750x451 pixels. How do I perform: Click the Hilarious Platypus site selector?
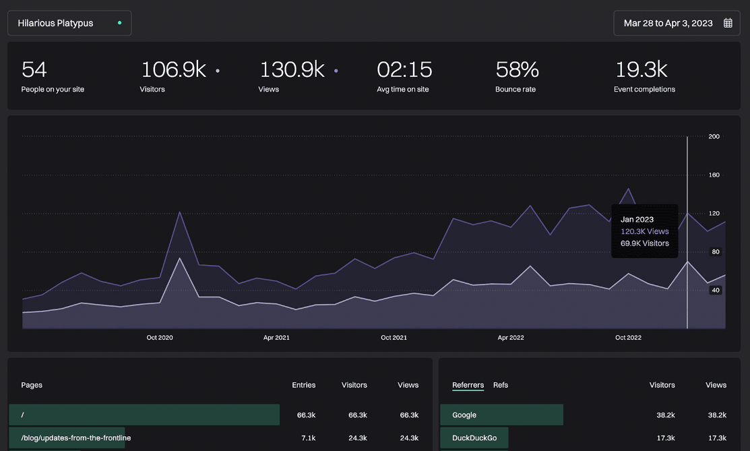[69, 23]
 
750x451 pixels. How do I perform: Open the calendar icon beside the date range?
[728, 23]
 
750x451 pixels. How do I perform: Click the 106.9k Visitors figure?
[173, 69]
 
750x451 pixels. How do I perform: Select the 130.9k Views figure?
[292, 69]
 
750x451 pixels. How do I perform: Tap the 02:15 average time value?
[404, 69]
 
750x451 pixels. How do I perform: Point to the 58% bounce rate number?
[517, 69]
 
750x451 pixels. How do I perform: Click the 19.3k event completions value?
[641, 69]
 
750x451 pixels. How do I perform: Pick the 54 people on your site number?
[34, 69]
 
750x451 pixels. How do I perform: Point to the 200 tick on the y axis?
[714, 137]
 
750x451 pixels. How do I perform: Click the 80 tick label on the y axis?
[715, 252]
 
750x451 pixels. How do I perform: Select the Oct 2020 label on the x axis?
[160, 338]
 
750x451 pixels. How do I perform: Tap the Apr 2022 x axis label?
[511, 338]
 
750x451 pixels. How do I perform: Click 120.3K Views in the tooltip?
[644, 231]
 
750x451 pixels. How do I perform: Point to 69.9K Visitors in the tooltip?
[644, 243]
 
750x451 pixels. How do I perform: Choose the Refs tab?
[501, 385]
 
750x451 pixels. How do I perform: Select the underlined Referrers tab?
[468, 385]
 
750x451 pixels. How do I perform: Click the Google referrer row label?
[464, 415]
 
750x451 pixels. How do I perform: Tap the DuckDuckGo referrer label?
[474, 438]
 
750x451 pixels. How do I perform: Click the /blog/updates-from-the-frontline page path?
[76, 438]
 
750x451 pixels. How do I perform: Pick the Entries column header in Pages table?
[303, 385]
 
